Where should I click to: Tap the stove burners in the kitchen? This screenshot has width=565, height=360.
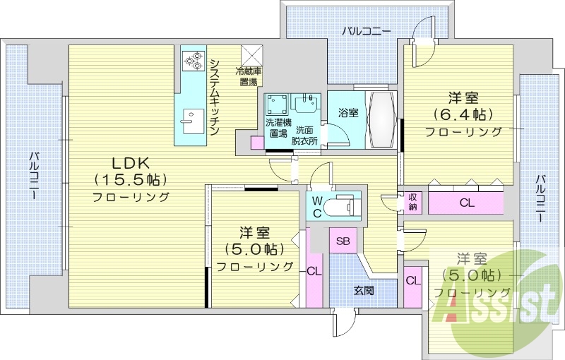tap(191, 61)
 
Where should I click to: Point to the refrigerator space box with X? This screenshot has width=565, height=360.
tap(252, 55)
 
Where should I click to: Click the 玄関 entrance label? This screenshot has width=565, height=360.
tap(364, 290)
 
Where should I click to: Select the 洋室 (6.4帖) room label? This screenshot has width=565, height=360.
tap(463, 113)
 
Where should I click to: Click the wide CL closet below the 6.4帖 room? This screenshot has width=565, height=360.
tap(466, 203)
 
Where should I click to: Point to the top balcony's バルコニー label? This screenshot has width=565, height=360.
tap(366, 30)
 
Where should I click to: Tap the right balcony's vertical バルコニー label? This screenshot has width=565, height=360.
tap(540, 198)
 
